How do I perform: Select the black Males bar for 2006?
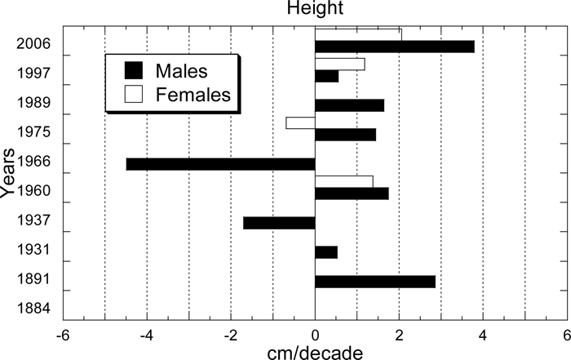394,47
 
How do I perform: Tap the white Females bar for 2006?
357,34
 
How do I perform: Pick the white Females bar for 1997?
339,64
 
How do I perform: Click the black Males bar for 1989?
349,105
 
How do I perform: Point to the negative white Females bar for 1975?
300,122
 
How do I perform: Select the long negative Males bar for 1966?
220,164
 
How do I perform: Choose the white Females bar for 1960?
343,181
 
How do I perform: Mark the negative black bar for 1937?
279,223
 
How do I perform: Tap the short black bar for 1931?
325,252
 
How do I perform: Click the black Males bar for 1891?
374,282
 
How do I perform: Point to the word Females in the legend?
197,93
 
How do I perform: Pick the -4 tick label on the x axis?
147,335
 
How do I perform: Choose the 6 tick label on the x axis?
566,335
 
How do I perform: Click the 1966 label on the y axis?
36,161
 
